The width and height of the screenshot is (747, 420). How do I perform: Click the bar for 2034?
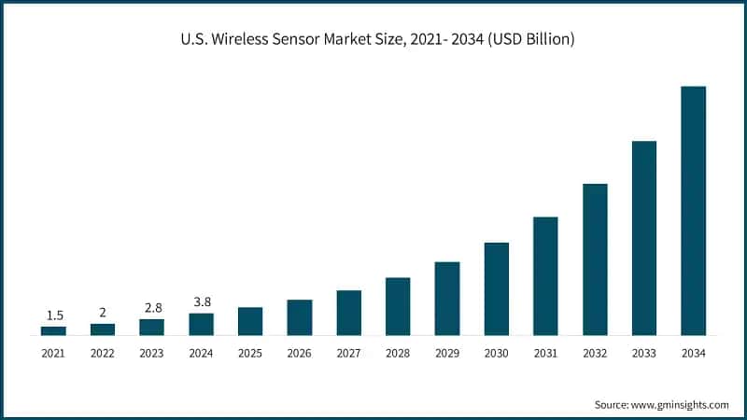693,210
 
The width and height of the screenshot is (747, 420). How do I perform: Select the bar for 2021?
53,330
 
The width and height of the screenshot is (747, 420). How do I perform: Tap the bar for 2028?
398,306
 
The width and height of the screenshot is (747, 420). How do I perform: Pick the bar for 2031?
545,275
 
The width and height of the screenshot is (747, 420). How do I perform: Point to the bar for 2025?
250,321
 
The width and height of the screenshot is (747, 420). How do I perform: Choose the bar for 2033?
644,238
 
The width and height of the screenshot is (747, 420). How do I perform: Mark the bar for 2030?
497,288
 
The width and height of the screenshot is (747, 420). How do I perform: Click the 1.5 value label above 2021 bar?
53,315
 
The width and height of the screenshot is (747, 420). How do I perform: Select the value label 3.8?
201,301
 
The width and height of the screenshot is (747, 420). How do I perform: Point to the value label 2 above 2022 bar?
103,313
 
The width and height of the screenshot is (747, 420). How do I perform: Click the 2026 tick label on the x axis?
300,353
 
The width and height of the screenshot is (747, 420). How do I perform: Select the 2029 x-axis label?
447,353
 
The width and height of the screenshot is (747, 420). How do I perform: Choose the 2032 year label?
595,353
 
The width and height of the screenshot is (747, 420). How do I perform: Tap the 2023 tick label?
151,353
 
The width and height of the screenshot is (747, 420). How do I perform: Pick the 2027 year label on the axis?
348,353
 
